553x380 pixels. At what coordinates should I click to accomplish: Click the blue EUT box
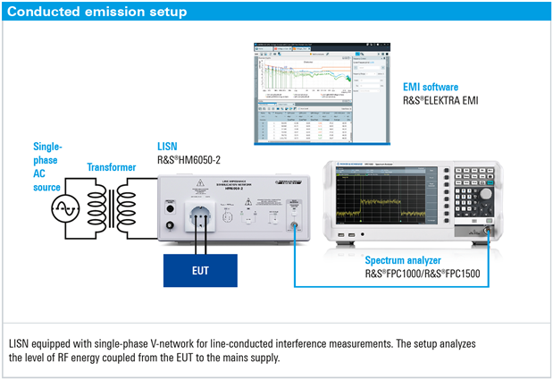coord(200,266)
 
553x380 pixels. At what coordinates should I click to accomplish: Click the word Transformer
coord(112,166)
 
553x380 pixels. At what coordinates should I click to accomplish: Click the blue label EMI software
coord(431,88)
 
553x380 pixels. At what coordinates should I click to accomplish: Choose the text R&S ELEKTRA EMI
coord(441,101)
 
